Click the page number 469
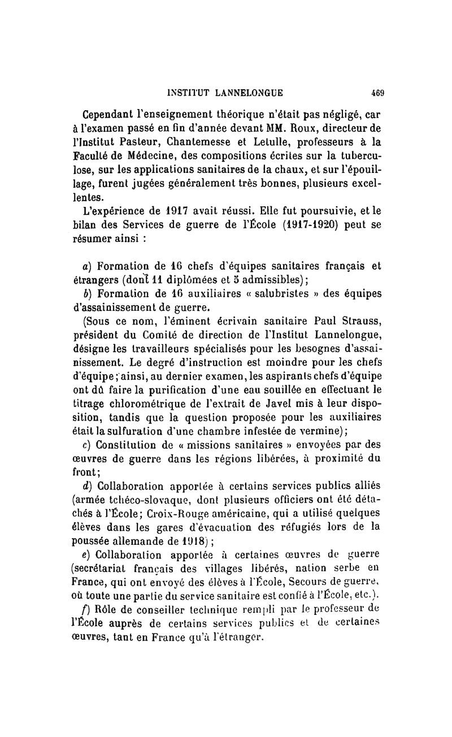tap(377, 93)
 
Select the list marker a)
tap(86, 266)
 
